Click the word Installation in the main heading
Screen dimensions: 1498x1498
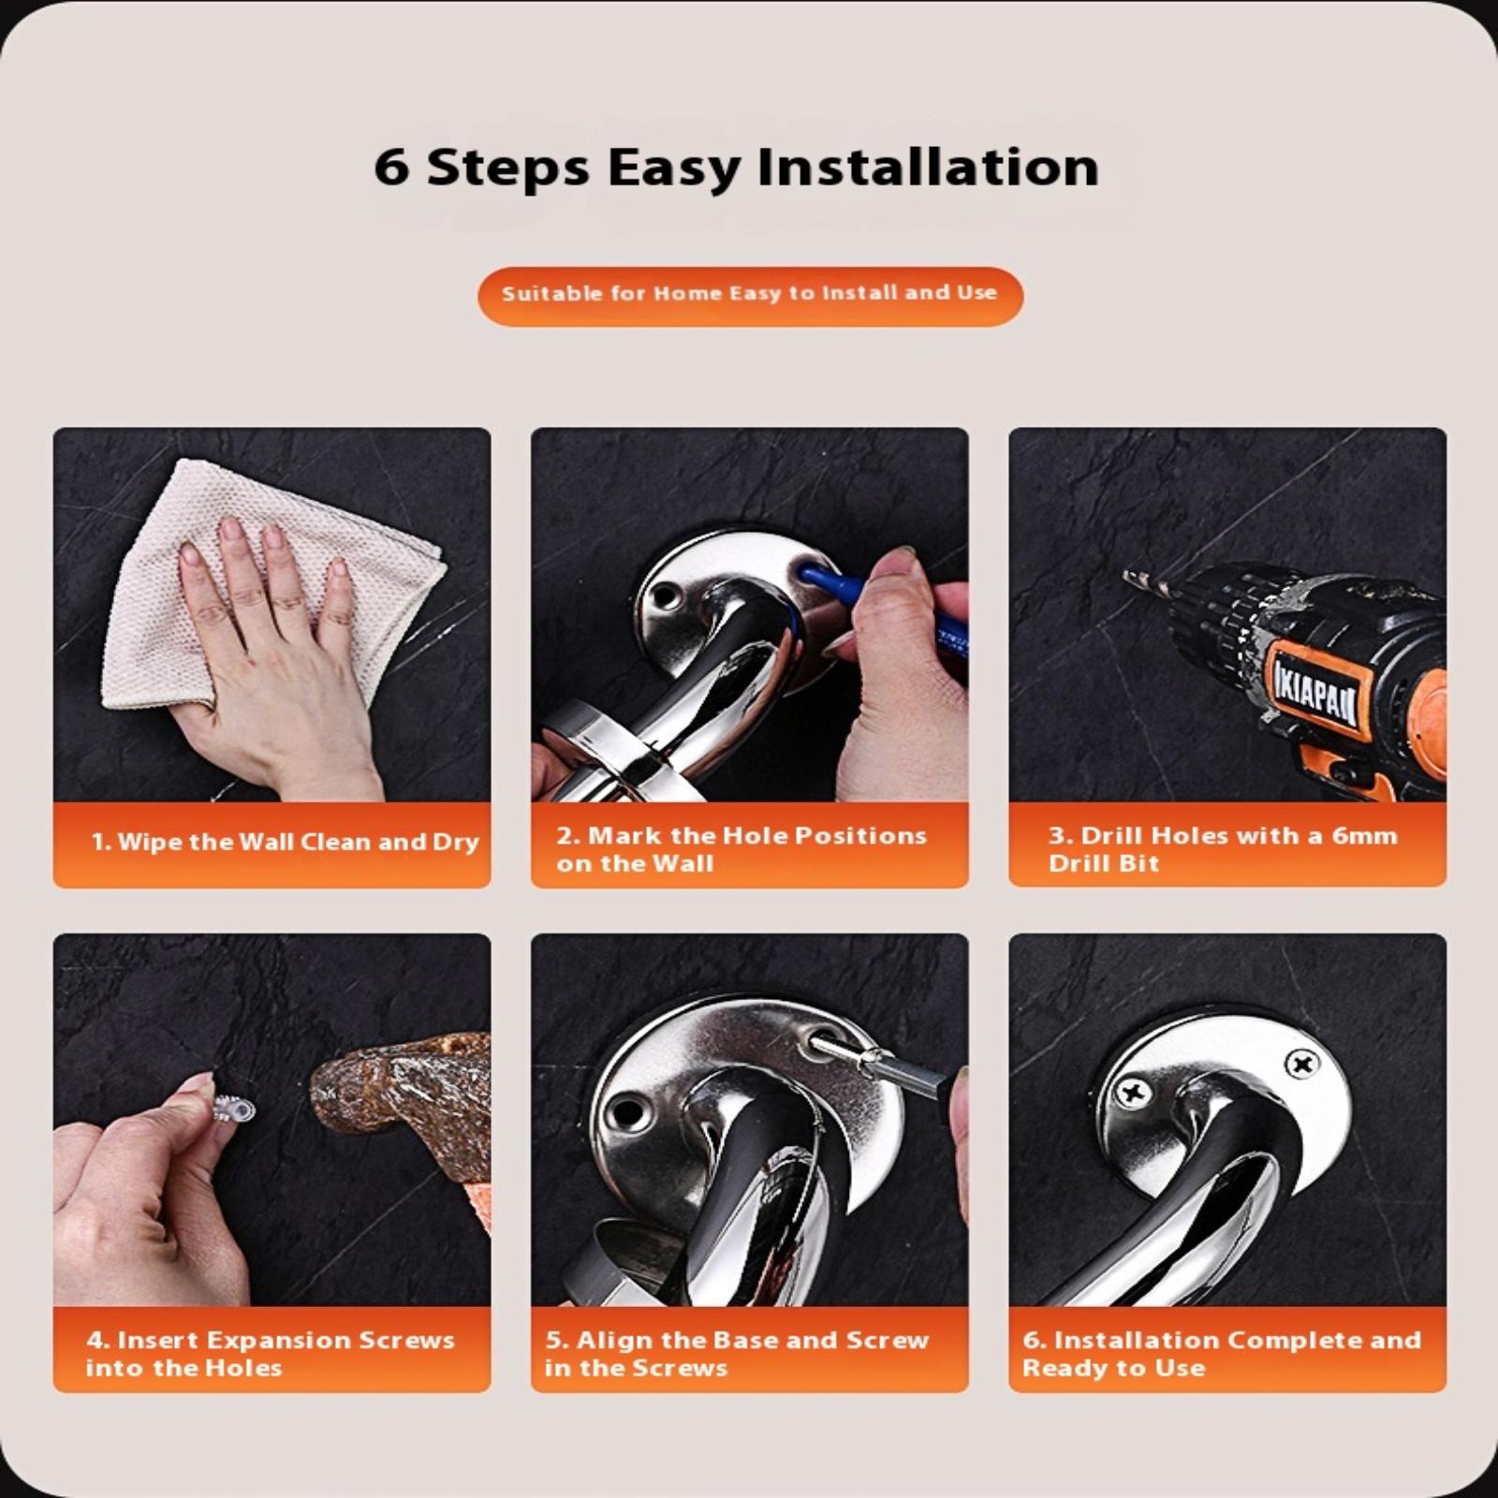tap(928, 168)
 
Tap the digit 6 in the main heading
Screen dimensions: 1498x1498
tap(390, 169)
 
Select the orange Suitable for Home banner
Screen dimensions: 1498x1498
tap(750, 296)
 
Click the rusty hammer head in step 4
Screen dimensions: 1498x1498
tap(398, 1086)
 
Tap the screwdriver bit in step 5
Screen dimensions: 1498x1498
tap(871, 1057)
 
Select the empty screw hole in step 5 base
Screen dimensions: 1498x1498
tap(628, 1112)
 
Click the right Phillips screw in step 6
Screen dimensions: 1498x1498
tap(1302, 1064)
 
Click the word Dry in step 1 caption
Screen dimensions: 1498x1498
tap(456, 842)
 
